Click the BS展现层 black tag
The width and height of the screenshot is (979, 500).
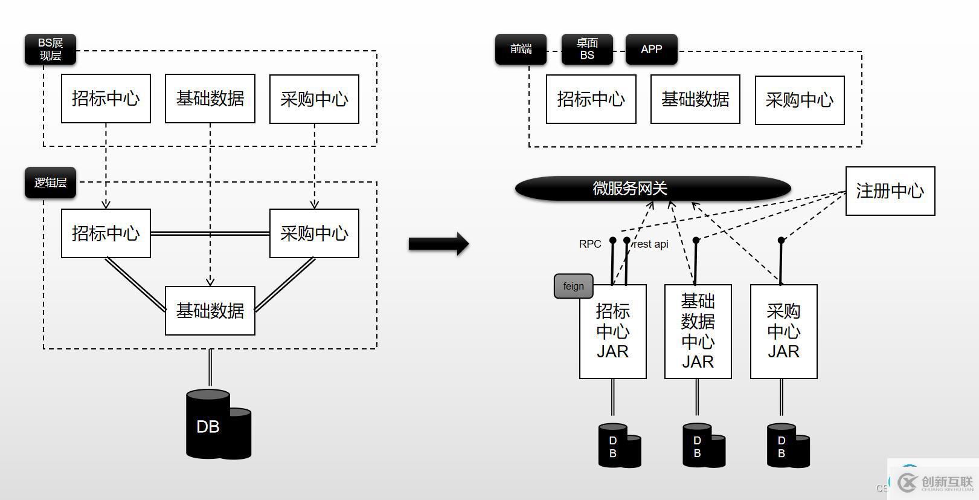[50, 50]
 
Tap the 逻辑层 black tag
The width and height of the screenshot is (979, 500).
[50, 183]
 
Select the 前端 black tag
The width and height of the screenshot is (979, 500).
[521, 50]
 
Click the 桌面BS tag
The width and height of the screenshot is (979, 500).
[587, 50]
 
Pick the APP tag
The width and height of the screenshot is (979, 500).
[651, 50]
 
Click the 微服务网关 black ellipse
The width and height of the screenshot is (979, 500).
[652, 189]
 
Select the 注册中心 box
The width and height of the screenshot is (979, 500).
[890, 191]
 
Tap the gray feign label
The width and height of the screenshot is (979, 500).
[573, 287]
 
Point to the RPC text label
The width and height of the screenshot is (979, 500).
[590, 244]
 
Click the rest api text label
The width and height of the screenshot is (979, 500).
[651, 244]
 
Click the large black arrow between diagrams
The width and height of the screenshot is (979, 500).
[438, 244]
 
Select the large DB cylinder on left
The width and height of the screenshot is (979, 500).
[217, 425]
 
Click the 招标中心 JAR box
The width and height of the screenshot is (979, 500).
[612, 331]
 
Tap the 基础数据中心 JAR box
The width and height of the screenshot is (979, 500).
[698, 331]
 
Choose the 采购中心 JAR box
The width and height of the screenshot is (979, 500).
[783, 331]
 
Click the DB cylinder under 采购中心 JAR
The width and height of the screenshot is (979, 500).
[788, 446]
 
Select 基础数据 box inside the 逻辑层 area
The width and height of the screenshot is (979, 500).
[210, 311]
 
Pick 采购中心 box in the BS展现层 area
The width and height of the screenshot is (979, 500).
[314, 99]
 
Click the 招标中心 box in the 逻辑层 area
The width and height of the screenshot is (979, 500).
[106, 233]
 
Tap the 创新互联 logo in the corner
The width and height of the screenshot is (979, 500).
[936, 482]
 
